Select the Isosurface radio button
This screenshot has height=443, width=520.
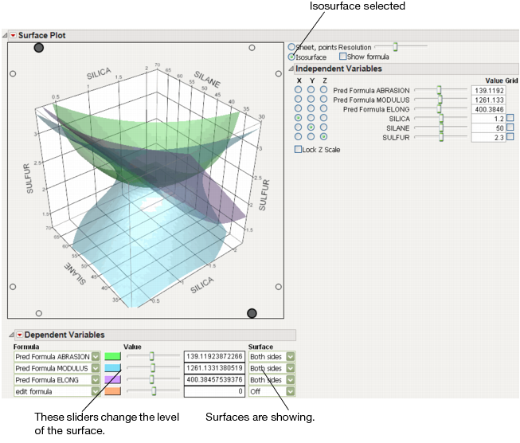point(291,57)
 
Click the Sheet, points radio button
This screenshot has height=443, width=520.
point(291,48)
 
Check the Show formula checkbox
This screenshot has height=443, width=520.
point(343,57)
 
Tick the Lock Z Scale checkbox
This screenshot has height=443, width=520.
point(299,149)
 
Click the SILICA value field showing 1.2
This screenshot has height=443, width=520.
point(487,118)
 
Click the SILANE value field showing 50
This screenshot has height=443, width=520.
point(487,127)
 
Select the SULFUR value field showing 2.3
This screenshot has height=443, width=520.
point(487,137)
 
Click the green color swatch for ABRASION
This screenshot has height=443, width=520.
point(113,356)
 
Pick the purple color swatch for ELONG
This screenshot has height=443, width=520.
point(113,380)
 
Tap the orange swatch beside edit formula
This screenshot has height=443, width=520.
point(113,391)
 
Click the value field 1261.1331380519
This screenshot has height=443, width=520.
point(215,368)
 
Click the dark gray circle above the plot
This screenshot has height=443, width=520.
point(39,49)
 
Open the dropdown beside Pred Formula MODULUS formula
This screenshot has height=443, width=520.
point(96,368)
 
